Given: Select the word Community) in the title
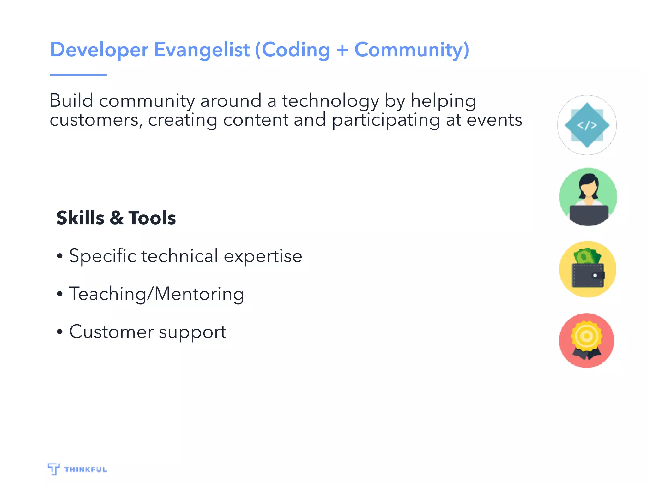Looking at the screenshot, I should point(412,50).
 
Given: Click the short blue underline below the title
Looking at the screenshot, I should point(78,75).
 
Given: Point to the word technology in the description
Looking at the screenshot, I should point(330,101).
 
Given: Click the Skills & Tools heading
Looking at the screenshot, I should point(116,218).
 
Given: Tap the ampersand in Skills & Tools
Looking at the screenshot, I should point(117,218).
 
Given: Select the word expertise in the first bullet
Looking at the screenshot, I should point(263,256).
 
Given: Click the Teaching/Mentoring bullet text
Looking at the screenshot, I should point(156,294).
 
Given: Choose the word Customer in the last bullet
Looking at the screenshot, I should point(111,332).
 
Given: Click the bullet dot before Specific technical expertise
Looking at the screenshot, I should point(60,256).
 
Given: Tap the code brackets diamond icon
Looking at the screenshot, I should point(587,125).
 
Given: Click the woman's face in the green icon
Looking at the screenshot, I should point(588,189).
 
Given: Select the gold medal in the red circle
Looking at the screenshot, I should point(586,336).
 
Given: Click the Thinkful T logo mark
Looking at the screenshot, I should point(54,469).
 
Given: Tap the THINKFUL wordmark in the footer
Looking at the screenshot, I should point(85,470).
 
